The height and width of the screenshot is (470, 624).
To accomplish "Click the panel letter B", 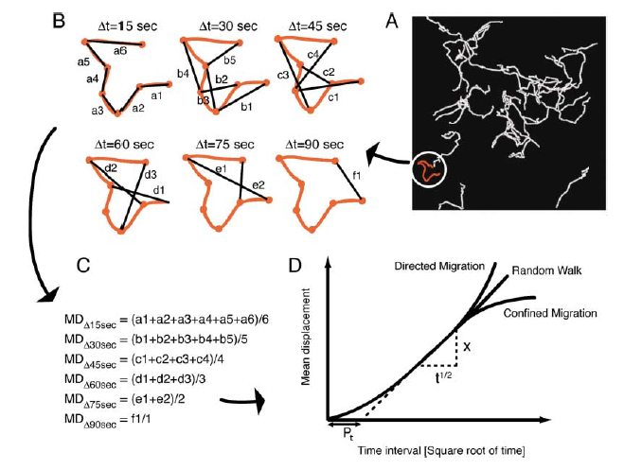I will pyautogui.click(x=60, y=18).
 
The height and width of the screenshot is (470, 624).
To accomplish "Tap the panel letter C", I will pyautogui.click(x=83, y=268).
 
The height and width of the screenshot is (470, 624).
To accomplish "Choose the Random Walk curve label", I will pyautogui.click(x=546, y=271).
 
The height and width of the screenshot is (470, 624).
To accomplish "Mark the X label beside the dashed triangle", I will pyautogui.click(x=466, y=346).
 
